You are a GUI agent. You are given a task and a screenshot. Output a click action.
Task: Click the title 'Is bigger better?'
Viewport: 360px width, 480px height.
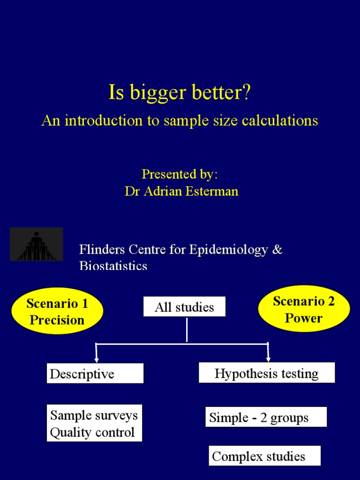pos(180,93)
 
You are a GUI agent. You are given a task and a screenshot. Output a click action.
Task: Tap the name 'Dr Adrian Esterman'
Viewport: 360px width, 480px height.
pos(181,191)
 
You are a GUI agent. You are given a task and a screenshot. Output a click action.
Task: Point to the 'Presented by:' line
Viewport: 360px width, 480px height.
pos(180,174)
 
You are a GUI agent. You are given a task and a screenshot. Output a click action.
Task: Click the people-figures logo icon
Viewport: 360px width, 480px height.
pos(36,244)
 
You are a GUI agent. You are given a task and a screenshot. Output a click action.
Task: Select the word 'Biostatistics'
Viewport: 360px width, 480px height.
pos(113,266)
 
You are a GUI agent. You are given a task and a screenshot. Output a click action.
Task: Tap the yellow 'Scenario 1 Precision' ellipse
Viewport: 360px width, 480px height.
pos(57,312)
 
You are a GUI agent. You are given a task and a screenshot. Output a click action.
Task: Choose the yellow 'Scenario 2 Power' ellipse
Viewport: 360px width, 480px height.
pos(304,310)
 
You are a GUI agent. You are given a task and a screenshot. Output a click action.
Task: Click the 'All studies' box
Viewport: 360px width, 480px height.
pos(184,307)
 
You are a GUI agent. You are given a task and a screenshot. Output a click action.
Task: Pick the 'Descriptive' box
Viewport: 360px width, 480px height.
pos(95,374)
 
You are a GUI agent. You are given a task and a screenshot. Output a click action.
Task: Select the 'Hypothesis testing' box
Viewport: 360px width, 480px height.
pos(267,373)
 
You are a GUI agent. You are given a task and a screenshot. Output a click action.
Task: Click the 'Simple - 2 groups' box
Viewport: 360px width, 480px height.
pos(266,417)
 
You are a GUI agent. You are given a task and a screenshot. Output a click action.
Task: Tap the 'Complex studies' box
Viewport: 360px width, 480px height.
pos(264,456)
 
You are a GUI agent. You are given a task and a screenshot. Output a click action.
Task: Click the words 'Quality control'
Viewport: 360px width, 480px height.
pos(92,432)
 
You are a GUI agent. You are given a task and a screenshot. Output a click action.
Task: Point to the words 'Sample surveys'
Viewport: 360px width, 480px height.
pos(94,415)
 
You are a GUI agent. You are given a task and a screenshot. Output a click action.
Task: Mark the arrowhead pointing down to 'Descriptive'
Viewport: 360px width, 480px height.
pos(97,359)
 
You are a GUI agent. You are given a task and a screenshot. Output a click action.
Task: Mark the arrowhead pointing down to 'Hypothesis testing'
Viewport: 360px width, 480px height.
pos(268,359)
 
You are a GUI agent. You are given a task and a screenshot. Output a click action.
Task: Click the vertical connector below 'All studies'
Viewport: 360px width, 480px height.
pos(187,330)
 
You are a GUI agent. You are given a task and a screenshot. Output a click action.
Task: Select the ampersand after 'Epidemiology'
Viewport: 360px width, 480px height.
pos(277,249)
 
